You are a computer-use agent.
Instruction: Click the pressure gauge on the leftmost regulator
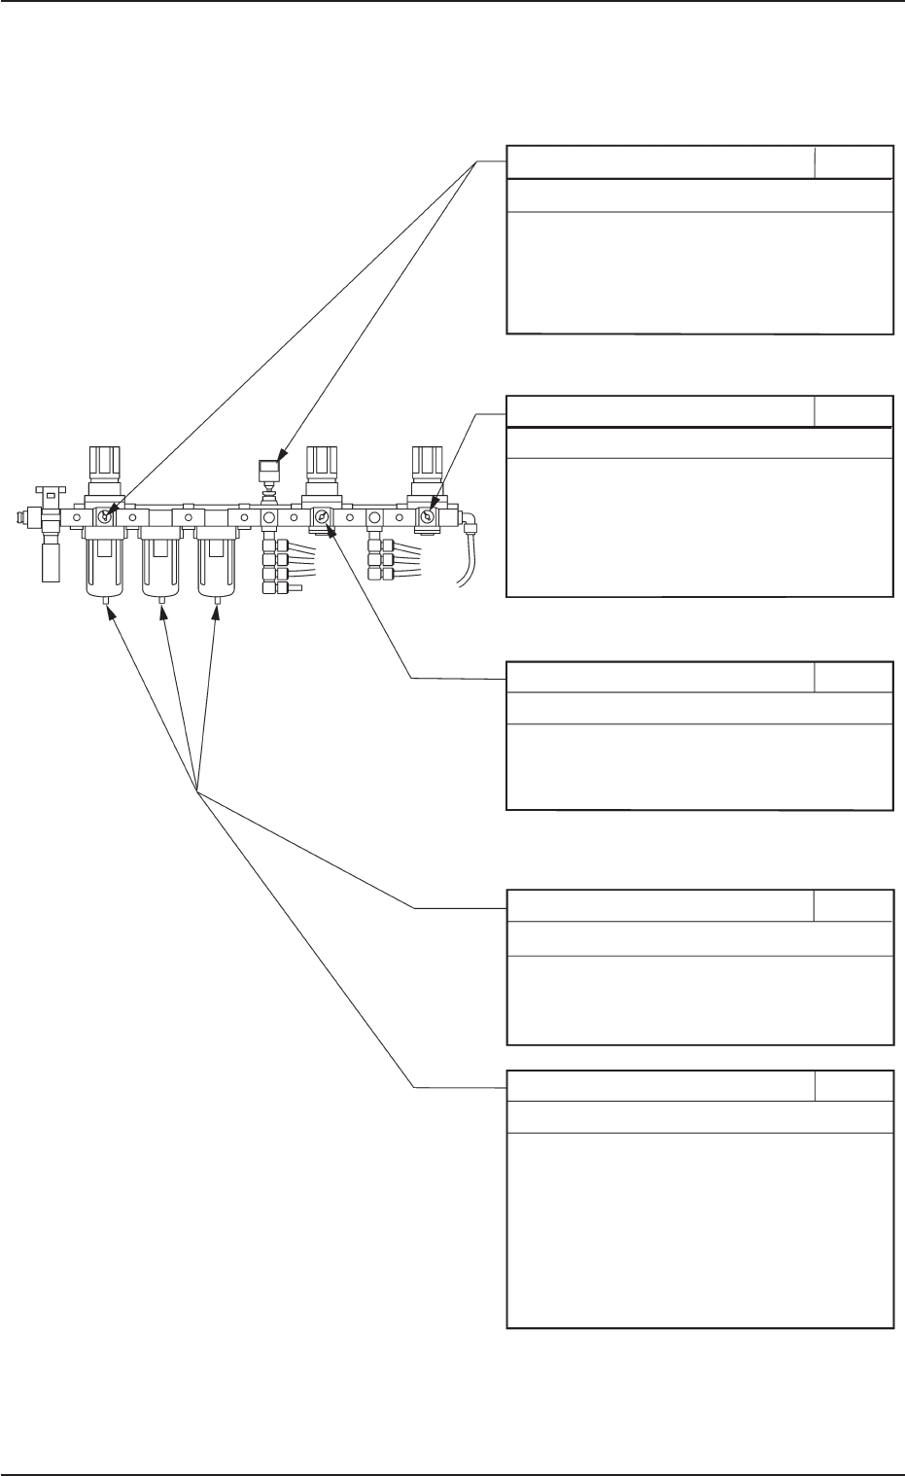coord(104,519)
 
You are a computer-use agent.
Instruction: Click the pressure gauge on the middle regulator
coord(321,519)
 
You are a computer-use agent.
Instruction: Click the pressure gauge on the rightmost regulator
coord(426,519)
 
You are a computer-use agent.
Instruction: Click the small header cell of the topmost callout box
coord(853,162)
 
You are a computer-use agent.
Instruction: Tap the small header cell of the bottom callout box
coord(853,1087)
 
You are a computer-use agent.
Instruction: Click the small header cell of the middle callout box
coord(853,678)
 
